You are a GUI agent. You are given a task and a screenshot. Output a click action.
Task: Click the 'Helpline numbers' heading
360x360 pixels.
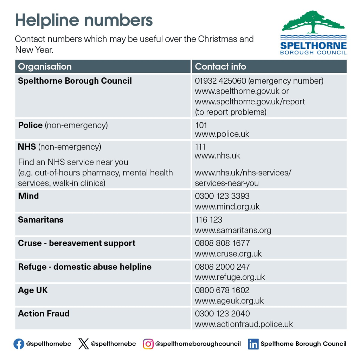coord(84,20)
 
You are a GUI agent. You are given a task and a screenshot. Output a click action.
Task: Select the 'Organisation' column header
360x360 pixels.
coord(45,66)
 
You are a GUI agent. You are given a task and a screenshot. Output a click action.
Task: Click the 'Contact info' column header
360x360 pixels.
coord(220,66)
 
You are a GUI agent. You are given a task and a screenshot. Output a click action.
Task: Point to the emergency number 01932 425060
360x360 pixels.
coord(220,81)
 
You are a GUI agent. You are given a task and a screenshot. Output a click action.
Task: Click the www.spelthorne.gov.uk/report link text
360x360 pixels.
coord(250,102)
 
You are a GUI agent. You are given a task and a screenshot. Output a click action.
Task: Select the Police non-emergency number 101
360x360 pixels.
coord(201,125)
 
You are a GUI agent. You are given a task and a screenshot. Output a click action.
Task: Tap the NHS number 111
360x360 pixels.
coord(200,147)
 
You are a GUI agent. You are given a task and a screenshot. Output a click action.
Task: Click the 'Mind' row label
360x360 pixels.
coord(28,196)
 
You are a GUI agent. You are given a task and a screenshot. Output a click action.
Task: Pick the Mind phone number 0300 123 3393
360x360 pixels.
coord(222,196)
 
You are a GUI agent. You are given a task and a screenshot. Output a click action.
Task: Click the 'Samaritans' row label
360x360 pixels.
coord(41,220)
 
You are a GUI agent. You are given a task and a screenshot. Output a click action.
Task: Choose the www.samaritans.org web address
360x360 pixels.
coord(233,230)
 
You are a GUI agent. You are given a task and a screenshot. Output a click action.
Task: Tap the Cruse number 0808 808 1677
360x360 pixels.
coord(222,243)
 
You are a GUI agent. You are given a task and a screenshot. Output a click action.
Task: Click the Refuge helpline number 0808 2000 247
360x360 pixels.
coord(222,267)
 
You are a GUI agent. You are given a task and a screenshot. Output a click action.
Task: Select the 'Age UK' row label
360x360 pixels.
coord(33,290)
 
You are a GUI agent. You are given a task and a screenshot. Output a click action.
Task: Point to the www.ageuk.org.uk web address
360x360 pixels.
coord(229,301)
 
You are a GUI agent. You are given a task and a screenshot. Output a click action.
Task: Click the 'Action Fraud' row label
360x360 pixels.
coord(44,314)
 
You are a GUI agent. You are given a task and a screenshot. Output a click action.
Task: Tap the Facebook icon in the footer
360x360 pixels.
coord(19,344)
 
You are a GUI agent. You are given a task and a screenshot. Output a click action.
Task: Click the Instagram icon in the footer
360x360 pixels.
coord(148,344)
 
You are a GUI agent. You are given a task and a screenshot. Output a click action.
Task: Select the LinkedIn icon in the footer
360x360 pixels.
coord(253,344)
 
